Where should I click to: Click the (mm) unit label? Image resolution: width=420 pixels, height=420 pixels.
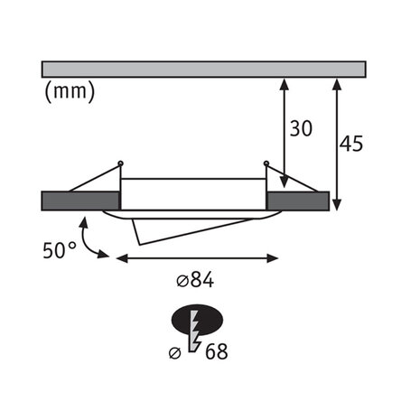click(69, 90)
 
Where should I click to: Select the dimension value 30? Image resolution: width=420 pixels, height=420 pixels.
click(301, 128)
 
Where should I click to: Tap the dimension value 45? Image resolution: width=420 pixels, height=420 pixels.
click(352, 144)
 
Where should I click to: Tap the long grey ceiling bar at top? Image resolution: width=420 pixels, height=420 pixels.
click(203, 69)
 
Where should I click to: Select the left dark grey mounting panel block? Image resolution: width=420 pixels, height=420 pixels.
click(80, 200)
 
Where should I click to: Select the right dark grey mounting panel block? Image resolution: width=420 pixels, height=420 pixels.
click(297, 200)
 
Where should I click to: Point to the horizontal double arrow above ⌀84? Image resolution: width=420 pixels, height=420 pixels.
click(198, 258)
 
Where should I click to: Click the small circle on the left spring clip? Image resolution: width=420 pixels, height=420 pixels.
click(120, 163)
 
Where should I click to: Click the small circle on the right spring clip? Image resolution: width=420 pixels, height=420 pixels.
click(266, 163)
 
